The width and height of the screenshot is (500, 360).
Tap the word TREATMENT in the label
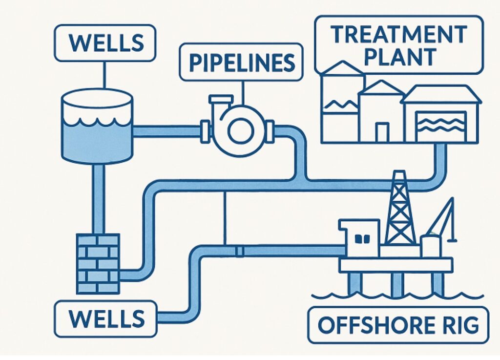398,35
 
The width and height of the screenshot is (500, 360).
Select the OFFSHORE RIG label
397,324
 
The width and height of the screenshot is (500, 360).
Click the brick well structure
98,263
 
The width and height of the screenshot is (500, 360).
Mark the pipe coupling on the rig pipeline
239,252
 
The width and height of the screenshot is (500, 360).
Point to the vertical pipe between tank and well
98,198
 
